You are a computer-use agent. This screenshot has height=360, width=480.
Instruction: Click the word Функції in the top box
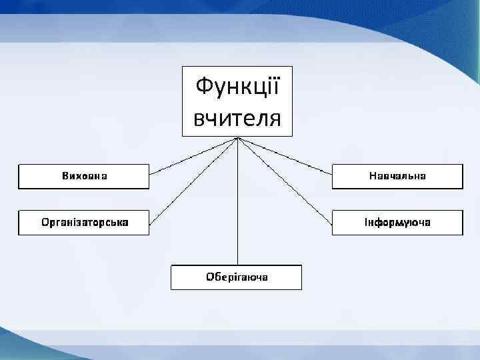pos(237,87)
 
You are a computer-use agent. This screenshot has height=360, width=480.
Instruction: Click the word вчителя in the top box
pos(237,119)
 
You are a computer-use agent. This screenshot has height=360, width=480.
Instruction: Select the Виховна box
pos(83,177)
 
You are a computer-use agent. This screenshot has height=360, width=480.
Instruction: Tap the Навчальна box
pos(397,177)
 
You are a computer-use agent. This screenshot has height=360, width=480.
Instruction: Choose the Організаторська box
pos(83,222)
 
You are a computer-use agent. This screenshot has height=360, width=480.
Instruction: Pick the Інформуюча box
pos(397,222)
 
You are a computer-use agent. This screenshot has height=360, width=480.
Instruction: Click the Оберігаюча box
pos(237,277)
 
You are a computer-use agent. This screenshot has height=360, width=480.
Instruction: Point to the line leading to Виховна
pos(193,157)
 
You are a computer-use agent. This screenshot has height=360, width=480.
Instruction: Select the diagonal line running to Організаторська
pos(193,181)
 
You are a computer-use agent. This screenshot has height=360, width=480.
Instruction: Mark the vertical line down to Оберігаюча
pos(237,200)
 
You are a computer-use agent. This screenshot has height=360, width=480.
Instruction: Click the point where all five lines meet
pos(237,138)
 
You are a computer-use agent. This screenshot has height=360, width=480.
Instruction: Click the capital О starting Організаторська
pos(45,222)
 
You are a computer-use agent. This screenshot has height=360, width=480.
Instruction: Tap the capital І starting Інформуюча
pos(366,222)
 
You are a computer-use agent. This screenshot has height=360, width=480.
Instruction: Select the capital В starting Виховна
pos(65,177)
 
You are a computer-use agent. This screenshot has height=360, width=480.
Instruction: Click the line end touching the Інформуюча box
pos(331,223)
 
